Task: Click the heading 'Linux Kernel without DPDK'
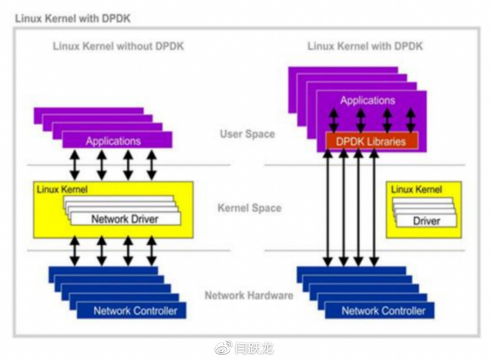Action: point(118,46)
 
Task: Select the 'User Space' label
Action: point(247,134)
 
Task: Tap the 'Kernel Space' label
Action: point(249,208)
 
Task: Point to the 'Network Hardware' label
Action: point(248,295)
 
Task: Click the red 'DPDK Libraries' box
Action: point(371,141)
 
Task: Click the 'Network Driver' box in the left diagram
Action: point(125,219)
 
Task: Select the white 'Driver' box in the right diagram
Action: point(426,221)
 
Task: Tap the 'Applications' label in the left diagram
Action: point(113,141)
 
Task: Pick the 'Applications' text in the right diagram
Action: point(367,100)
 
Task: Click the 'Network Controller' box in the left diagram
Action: point(135,310)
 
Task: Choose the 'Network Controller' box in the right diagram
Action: point(383,310)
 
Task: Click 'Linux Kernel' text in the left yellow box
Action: point(62,190)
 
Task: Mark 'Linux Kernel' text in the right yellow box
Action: point(416,190)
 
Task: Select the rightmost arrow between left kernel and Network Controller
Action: point(152,250)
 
